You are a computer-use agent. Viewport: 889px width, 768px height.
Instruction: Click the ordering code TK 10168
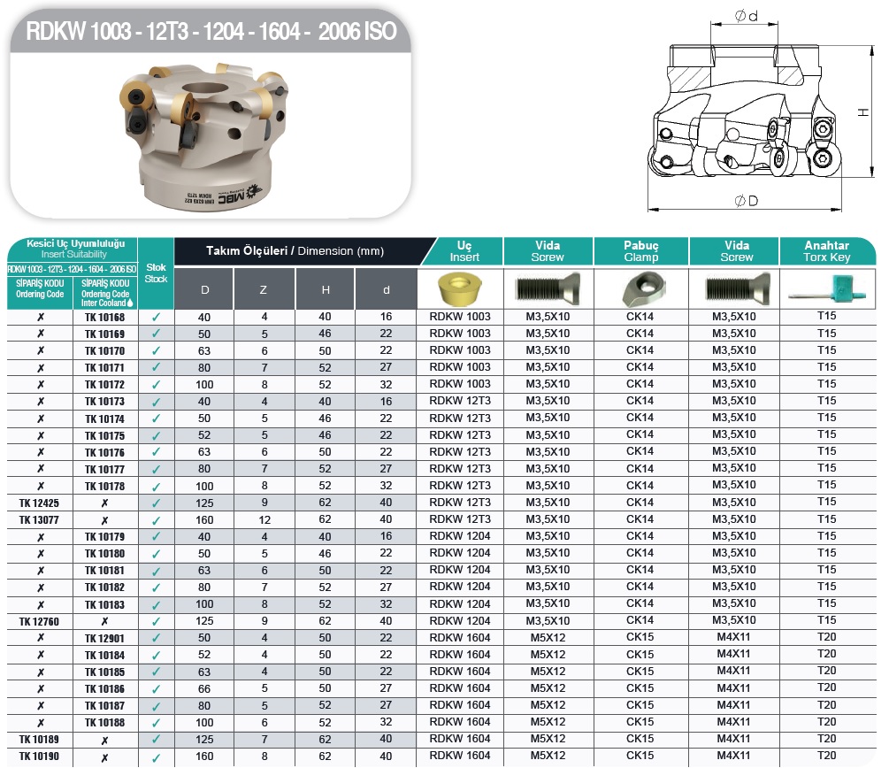pos(105,317)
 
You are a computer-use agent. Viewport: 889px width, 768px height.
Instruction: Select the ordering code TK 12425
pos(39,503)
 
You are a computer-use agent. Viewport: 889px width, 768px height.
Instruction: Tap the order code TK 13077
pos(39,520)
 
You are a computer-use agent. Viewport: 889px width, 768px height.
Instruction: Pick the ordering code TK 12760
pos(39,622)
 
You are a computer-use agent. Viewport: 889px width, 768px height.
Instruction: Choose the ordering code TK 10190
pos(39,756)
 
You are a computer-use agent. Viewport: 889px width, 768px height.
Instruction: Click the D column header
pos(204,290)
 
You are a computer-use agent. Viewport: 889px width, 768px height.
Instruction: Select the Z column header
pos(264,290)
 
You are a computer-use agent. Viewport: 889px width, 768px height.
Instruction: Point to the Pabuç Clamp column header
pos(641,251)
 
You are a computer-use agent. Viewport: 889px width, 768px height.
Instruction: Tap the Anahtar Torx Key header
pos(826,251)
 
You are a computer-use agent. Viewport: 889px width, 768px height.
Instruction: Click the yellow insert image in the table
pos(460,288)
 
